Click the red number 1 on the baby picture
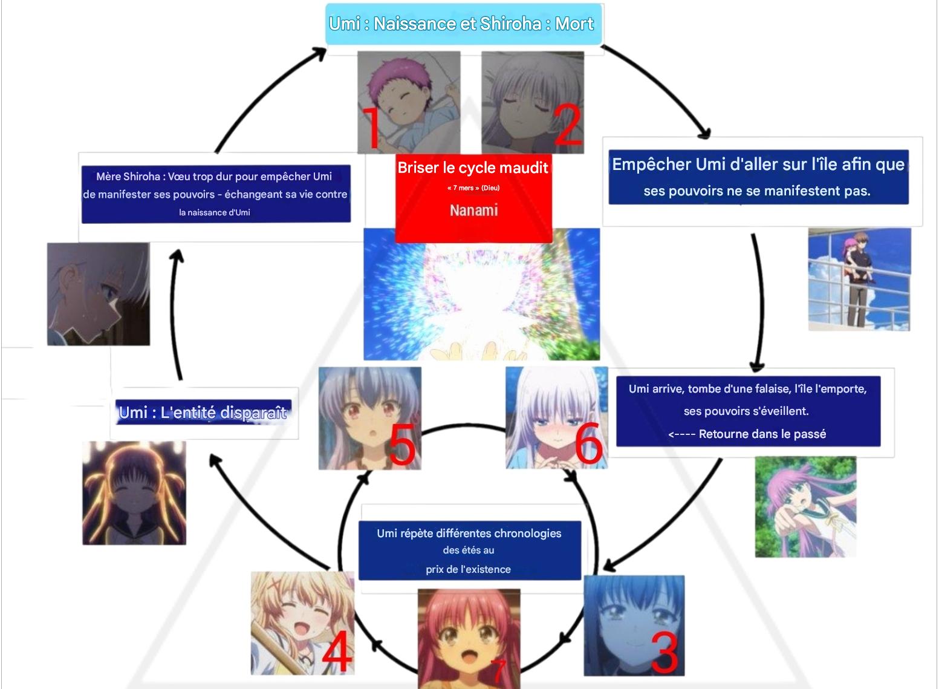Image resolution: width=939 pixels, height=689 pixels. point(371,127)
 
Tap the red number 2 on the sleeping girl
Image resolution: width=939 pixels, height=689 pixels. point(567,125)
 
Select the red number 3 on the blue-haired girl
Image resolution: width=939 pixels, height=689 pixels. point(665,652)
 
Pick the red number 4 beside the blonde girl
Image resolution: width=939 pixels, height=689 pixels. point(336,652)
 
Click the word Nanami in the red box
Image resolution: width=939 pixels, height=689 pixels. point(473,210)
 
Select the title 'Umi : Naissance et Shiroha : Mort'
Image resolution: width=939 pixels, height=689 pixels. point(462,24)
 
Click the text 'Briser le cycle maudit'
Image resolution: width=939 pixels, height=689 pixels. point(473,168)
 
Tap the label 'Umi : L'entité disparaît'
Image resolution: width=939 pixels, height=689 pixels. point(203,413)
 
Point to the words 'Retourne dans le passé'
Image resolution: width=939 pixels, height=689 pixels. point(762,434)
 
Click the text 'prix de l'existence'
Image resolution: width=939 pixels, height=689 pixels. point(468,569)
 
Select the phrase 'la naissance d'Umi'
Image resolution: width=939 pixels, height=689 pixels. point(215,212)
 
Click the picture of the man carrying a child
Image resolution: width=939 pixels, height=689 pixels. point(859,279)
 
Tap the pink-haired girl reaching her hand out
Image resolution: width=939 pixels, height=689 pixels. point(805,506)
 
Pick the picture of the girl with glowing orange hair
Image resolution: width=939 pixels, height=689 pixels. point(134,492)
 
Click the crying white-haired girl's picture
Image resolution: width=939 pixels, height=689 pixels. point(99,294)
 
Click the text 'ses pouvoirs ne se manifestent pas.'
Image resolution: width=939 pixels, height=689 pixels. point(757,191)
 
